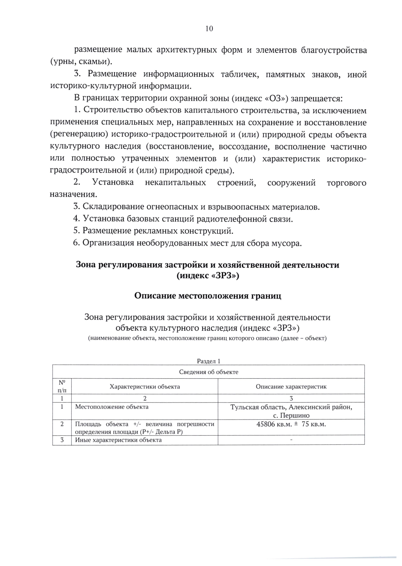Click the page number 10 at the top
(209, 28)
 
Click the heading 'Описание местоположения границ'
(208, 296)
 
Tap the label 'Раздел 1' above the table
(208, 361)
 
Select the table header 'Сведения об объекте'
(208, 372)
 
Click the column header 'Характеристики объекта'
(145, 386)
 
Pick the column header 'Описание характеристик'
(291, 386)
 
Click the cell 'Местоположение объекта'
(112, 407)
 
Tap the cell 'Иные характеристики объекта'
(118, 440)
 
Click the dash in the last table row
(291, 440)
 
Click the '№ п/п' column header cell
(62, 386)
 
